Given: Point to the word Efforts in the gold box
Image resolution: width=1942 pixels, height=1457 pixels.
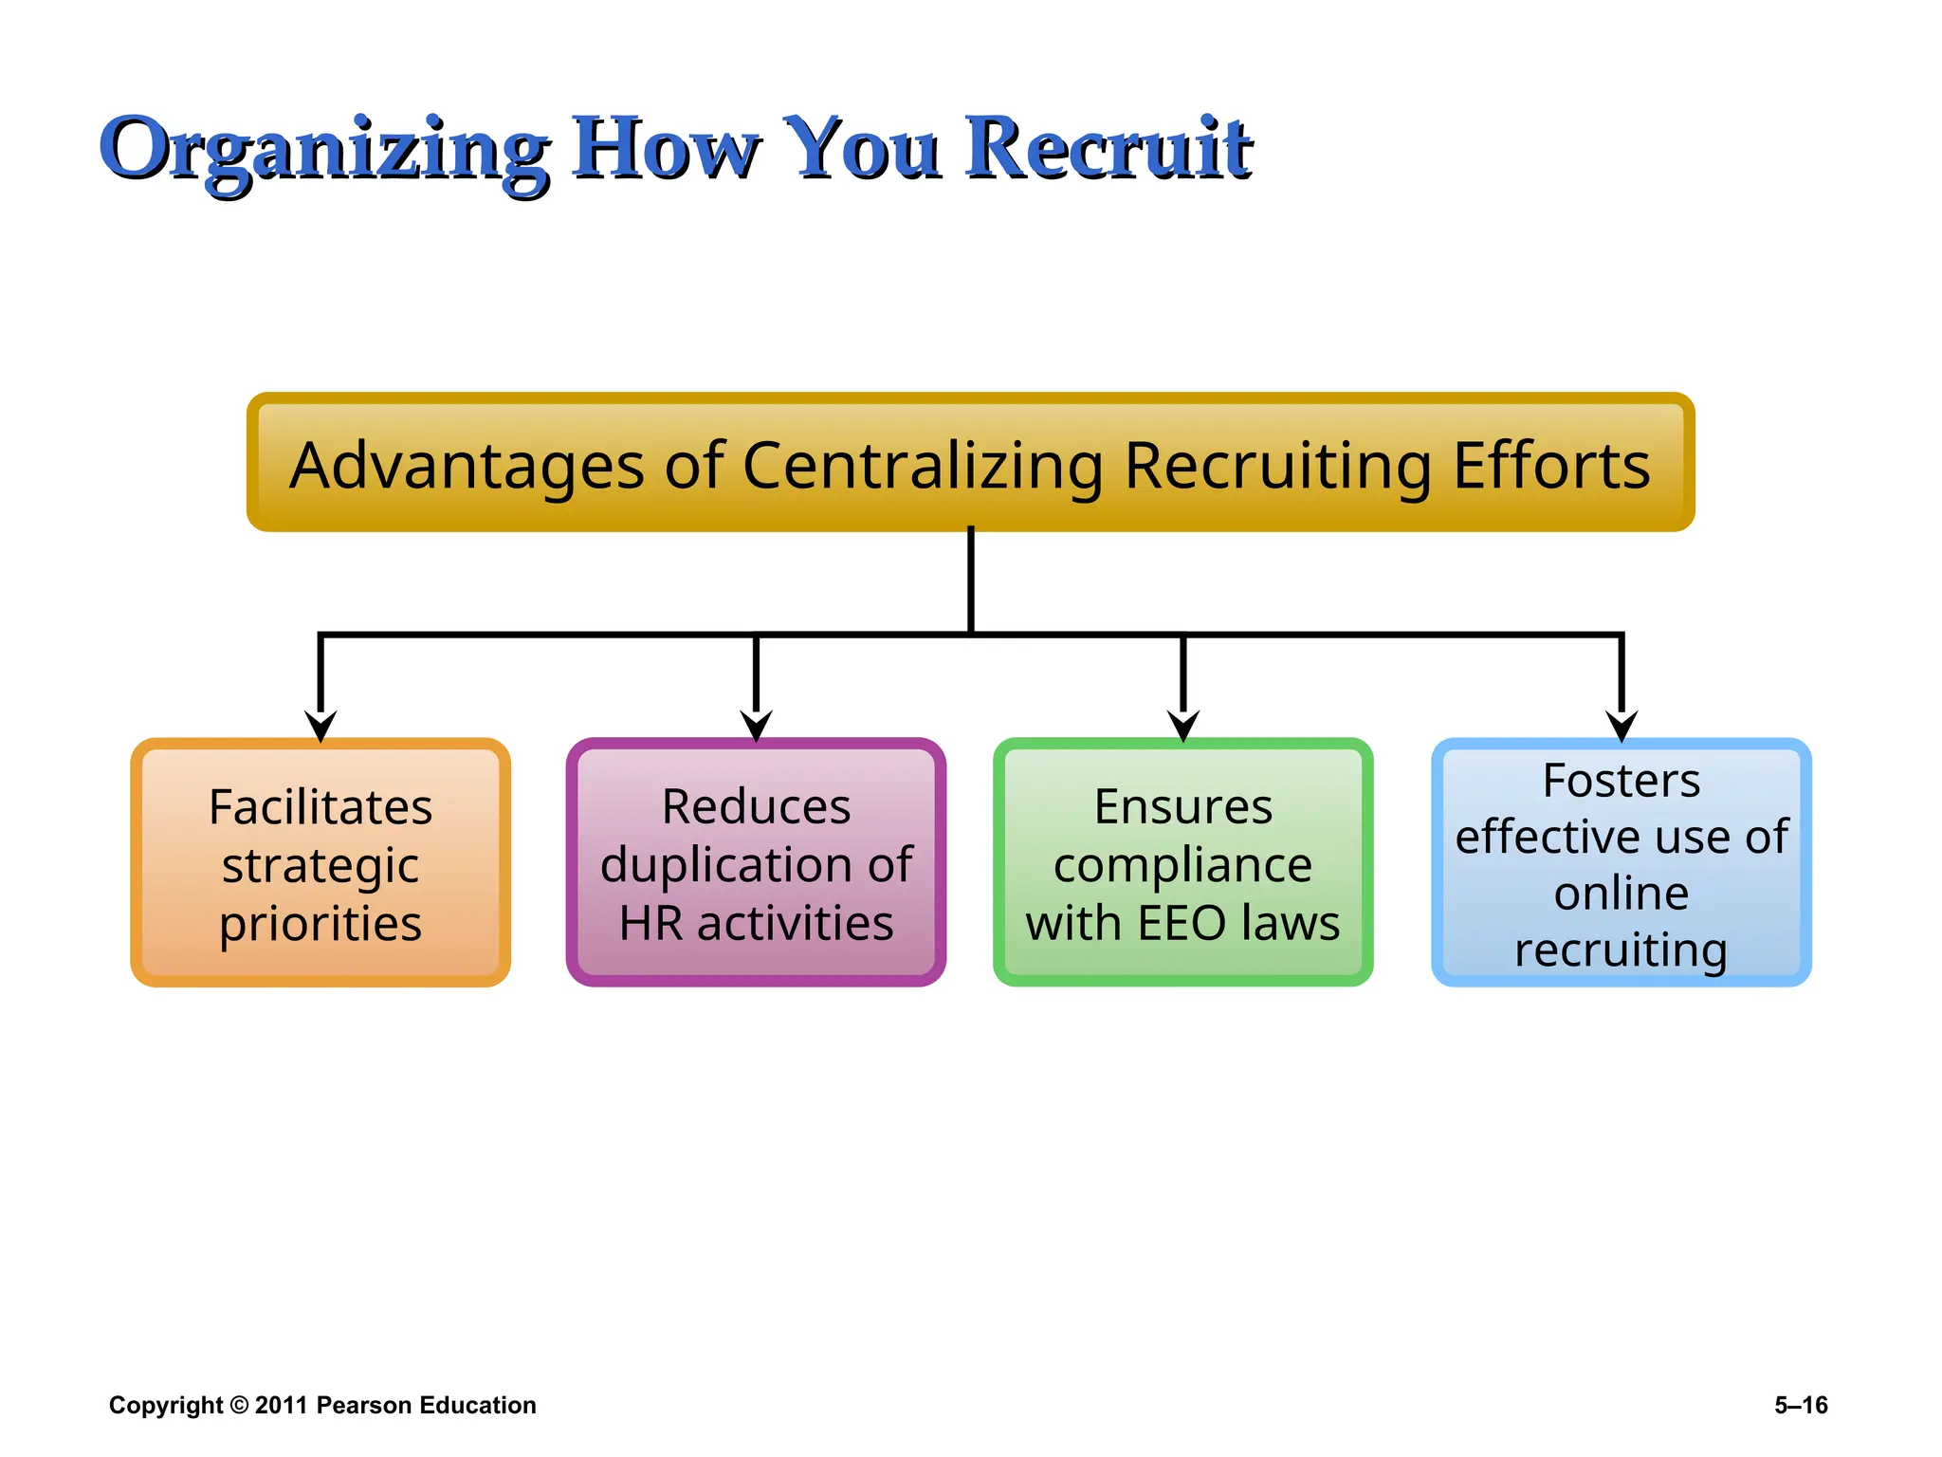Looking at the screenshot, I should (x=1551, y=466).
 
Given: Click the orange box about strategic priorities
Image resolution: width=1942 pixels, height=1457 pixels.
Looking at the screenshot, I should (x=321, y=862).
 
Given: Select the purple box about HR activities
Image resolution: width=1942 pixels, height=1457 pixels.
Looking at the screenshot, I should (x=756, y=862).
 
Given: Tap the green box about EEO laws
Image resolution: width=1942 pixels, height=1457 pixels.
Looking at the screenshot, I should (x=1182, y=862).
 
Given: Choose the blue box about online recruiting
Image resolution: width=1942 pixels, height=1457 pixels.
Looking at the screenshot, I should (x=1621, y=862).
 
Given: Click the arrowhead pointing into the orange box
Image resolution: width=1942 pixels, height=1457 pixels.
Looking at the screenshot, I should (x=321, y=726).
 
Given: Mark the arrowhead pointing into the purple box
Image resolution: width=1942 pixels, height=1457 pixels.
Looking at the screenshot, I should (x=756, y=726).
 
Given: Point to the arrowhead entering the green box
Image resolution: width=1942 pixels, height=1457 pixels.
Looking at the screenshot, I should (x=1183, y=726).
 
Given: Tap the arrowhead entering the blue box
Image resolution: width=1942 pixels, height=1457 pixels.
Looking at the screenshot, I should (x=1621, y=726).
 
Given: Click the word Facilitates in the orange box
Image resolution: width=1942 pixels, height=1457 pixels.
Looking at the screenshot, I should (x=321, y=808).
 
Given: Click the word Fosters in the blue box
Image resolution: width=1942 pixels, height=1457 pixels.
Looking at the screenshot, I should (x=1621, y=782).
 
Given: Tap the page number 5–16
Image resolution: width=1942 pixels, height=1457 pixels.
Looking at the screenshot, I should (x=1801, y=1405).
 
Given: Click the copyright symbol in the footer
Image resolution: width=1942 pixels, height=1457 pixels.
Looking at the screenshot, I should (x=239, y=1405).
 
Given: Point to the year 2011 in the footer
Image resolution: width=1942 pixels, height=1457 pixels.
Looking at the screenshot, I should (x=282, y=1405).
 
